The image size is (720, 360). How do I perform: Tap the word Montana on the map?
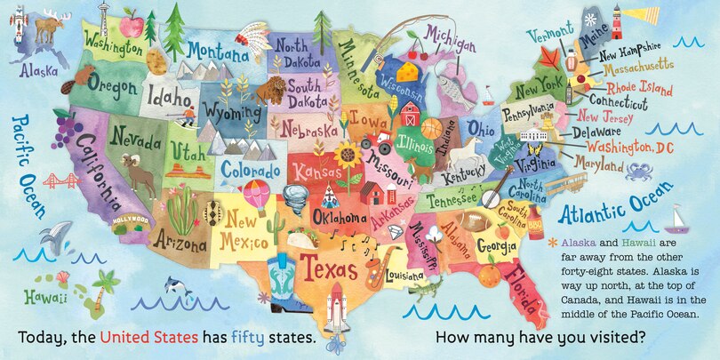coord(217,52)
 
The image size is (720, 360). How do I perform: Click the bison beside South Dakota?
coord(273,89)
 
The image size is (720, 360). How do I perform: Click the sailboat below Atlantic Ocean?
coord(678,219)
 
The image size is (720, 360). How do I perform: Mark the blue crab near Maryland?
coord(639,172)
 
